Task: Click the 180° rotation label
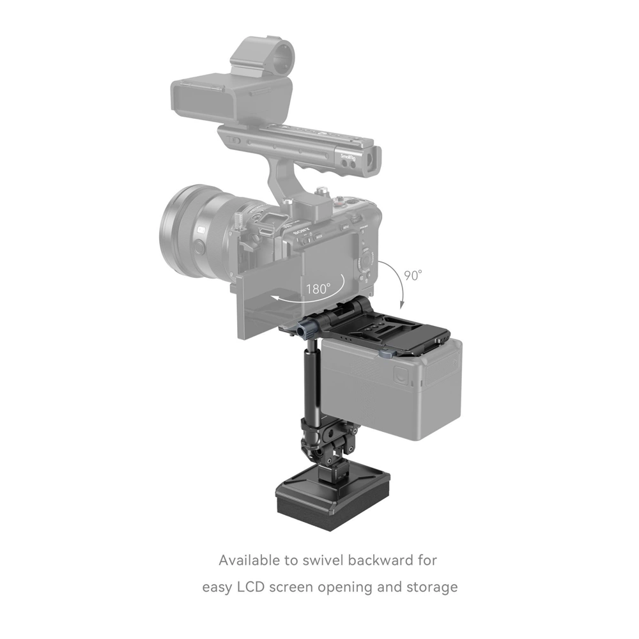(317, 289)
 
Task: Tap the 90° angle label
(413, 276)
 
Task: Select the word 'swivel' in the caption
(341, 560)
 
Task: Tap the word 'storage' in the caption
(432, 587)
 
